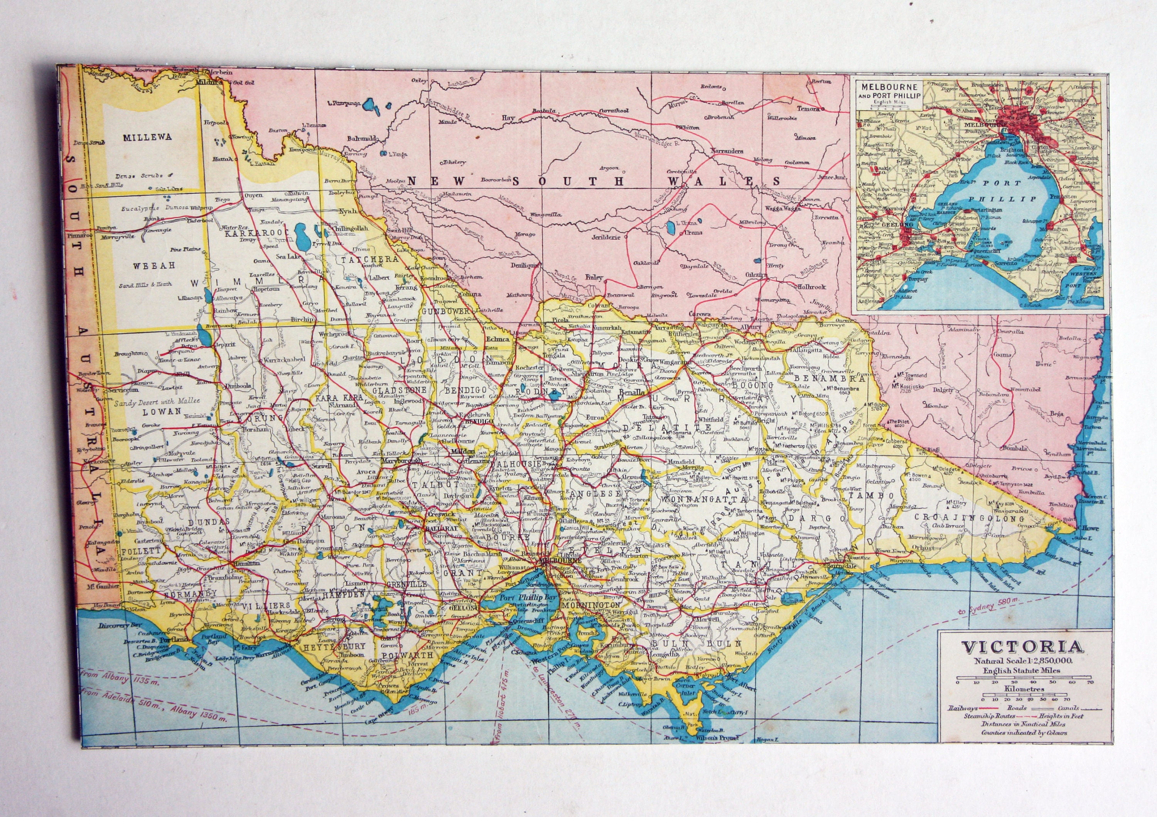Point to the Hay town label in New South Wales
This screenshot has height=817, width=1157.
click(508, 118)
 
